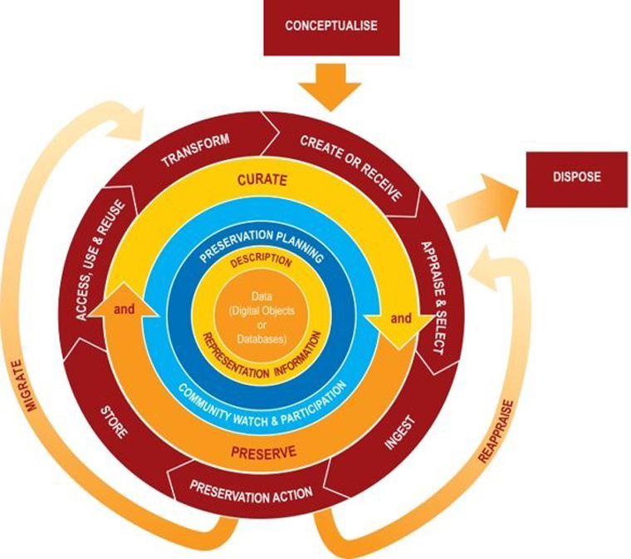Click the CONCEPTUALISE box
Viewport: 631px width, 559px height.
click(331, 27)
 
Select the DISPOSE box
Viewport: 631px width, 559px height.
click(577, 179)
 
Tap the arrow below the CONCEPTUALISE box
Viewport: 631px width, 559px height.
click(330, 86)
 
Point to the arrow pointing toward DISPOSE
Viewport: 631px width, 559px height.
click(483, 203)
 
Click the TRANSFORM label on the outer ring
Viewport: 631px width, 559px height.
click(196, 150)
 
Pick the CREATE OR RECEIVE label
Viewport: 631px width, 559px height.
click(351, 168)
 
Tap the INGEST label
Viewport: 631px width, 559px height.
click(399, 432)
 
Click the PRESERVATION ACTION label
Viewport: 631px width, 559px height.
click(251, 492)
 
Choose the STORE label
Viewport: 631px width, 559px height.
click(114, 422)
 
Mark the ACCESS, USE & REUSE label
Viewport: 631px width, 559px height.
click(100, 260)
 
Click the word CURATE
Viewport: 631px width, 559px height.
click(262, 180)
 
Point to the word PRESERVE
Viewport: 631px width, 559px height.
click(263, 453)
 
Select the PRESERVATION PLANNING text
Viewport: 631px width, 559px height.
click(262, 244)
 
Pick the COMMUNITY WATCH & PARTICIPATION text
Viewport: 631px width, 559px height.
click(262, 406)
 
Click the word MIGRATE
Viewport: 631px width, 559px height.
click(25, 385)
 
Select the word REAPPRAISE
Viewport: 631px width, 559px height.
click(496, 431)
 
